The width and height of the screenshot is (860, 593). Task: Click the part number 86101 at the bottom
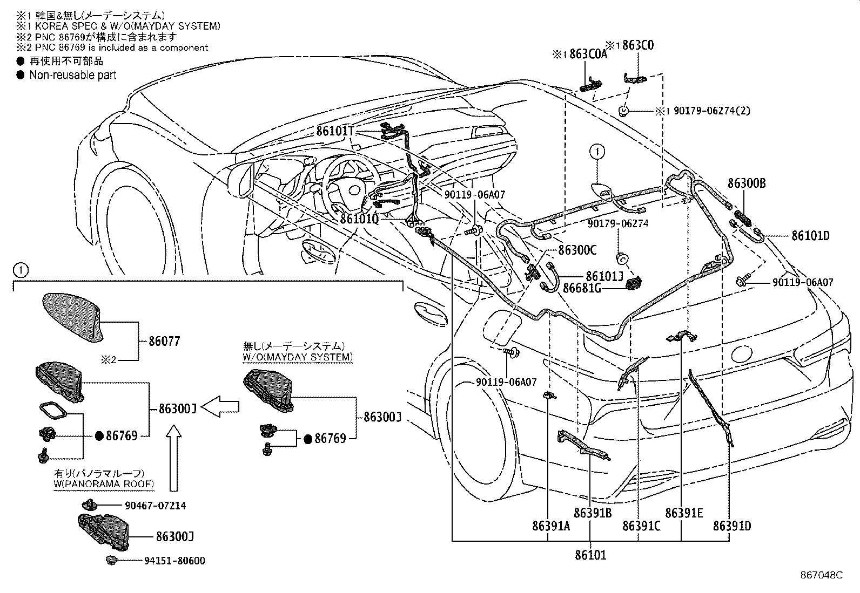(x=590, y=554)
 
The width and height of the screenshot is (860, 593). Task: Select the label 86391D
(x=732, y=526)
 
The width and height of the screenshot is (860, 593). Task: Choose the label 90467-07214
(x=155, y=506)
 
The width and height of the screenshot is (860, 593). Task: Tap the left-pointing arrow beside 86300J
(x=224, y=405)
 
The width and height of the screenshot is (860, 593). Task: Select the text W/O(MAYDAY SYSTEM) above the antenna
(x=297, y=357)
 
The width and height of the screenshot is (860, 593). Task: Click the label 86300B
(x=747, y=183)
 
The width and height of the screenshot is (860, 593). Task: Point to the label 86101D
(x=810, y=236)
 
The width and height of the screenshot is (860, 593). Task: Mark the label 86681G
(x=582, y=289)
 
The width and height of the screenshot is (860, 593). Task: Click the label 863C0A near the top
(x=588, y=54)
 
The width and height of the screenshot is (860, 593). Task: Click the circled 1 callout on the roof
(x=597, y=152)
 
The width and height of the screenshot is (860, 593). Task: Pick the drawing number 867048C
(x=821, y=575)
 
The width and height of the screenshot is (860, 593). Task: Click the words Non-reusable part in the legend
(x=72, y=75)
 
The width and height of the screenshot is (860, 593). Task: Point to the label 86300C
(x=577, y=250)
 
